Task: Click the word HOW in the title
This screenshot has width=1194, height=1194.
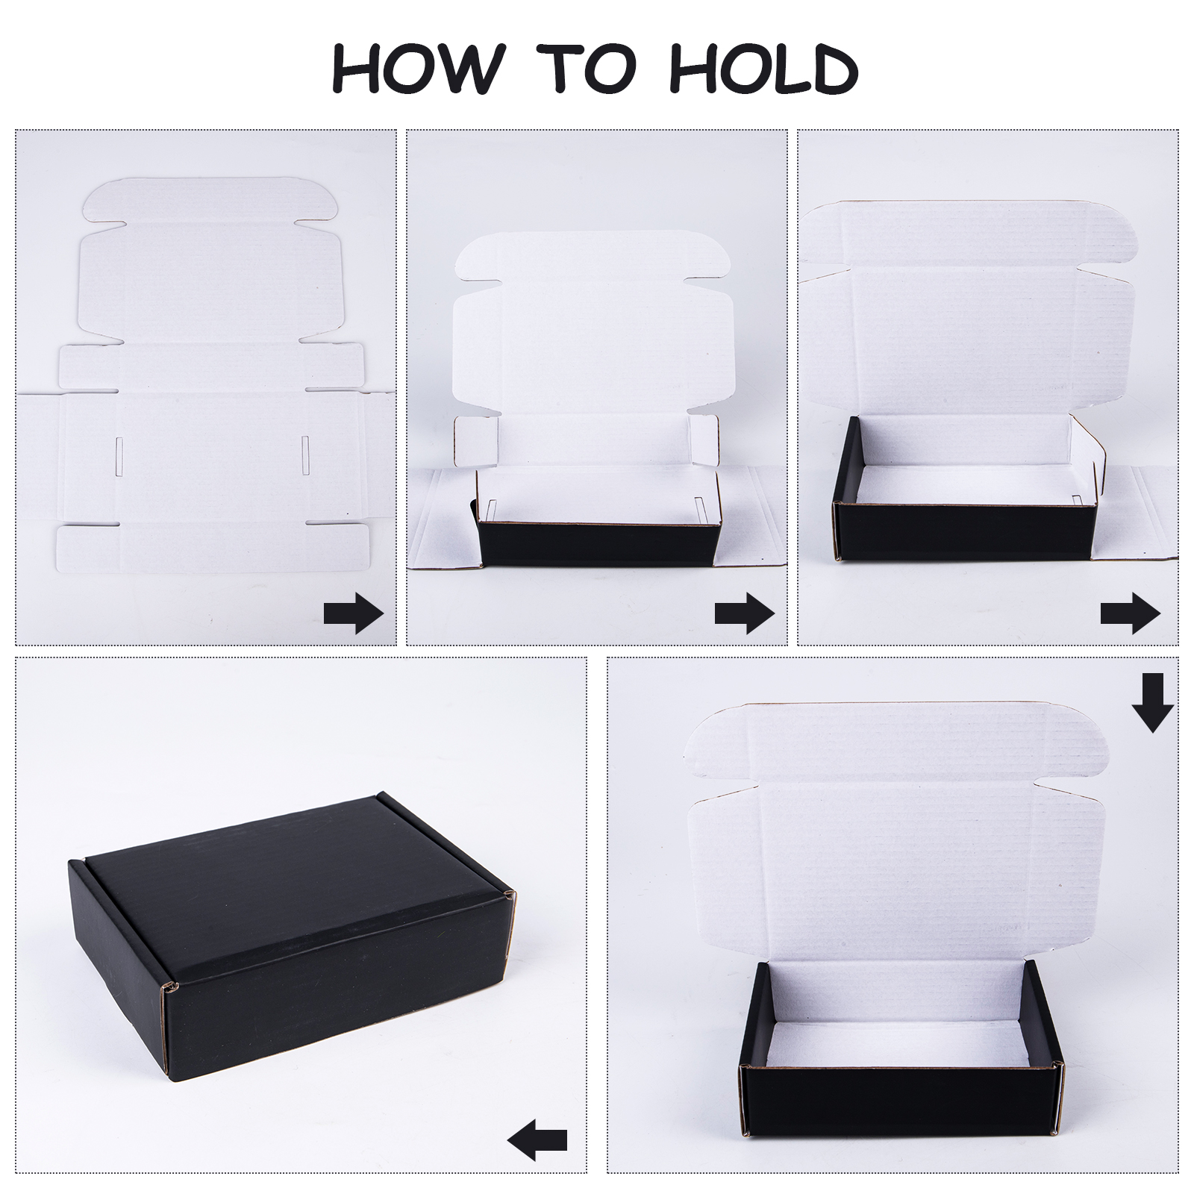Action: [414, 68]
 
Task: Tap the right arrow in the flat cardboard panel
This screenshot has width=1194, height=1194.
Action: [354, 613]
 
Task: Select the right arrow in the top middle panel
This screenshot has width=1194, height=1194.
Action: [744, 613]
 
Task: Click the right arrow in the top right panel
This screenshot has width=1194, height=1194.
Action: [1130, 613]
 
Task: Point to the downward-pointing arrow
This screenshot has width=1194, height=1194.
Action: [1153, 702]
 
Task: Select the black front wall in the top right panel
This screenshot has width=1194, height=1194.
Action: [962, 531]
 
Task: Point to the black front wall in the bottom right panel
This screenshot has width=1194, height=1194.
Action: [899, 1101]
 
